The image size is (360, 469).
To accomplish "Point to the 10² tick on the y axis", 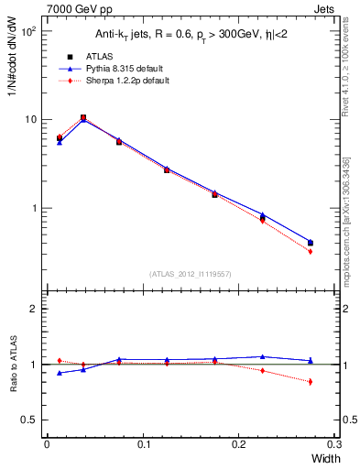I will point(27,31).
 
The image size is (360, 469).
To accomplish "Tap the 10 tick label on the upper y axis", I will point(30,120).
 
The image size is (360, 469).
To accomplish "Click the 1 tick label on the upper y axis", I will point(33,208).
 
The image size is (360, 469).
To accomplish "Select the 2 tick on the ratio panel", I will point(33,310).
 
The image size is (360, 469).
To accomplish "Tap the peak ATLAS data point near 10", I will point(83,117).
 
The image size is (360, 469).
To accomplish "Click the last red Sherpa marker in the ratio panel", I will point(310,381).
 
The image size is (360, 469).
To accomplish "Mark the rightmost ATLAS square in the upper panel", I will point(310,243).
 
